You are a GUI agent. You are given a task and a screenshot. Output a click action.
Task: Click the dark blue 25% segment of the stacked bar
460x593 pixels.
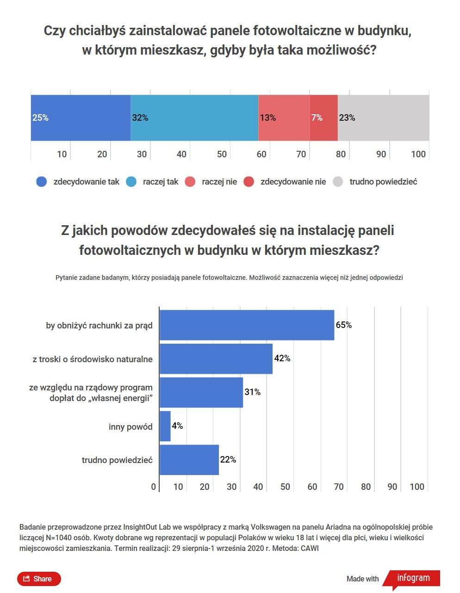tap(81, 118)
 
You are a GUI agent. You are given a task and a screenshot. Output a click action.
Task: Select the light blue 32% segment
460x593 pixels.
tap(194, 118)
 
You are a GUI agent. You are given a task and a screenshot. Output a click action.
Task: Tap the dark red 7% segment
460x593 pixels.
tap(323, 118)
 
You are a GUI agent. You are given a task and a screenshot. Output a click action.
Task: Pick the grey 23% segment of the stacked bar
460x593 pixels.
tap(383, 118)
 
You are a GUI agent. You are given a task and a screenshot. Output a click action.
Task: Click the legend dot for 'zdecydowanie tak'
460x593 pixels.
tap(42, 182)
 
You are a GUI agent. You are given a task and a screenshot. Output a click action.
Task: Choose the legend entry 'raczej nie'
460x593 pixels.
tap(219, 182)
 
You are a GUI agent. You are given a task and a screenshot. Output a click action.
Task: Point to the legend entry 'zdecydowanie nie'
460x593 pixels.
tap(293, 182)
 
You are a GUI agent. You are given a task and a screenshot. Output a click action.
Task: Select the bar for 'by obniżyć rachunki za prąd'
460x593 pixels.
tap(246, 325)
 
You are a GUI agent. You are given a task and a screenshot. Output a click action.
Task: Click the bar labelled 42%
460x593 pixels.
tap(216, 358)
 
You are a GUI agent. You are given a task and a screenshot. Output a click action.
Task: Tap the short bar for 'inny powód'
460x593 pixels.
tap(165, 426)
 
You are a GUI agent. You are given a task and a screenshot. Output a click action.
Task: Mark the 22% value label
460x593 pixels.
tap(228, 460)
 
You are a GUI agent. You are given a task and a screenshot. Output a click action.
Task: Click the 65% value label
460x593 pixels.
tap(344, 325)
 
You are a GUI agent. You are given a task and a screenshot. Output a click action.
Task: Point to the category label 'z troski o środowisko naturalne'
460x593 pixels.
tap(93, 359)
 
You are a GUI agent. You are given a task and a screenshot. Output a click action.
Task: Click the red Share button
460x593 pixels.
tap(39, 579)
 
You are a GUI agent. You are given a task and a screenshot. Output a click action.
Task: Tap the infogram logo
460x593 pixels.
tap(413, 578)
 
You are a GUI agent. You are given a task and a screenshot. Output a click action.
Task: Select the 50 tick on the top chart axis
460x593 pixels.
tap(222, 154)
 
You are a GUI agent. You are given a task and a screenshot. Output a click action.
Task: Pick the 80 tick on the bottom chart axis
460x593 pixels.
tap(366, 487)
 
